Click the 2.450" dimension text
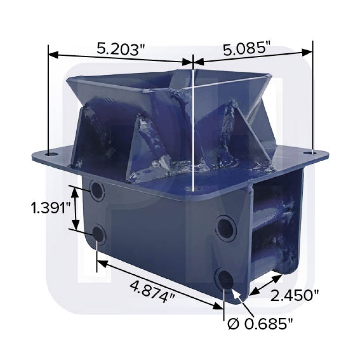click(294, 296)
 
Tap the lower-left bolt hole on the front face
click(98, 234)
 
